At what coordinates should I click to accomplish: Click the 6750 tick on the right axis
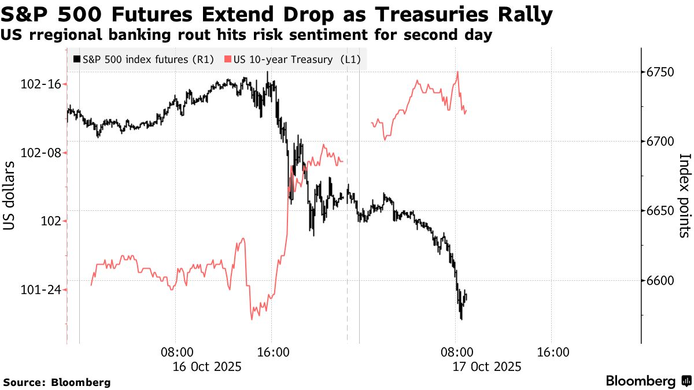(x=662, y=72)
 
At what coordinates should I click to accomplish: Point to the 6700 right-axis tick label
(x=662, y=142)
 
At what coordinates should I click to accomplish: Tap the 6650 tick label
(x=662, y=211)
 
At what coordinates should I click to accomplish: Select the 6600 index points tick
(x=662, y=281)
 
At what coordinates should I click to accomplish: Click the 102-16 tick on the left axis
(x=40, y=84)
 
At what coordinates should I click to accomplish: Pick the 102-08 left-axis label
(x=40, y=153)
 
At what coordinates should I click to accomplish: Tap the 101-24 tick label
(x=40, y=290)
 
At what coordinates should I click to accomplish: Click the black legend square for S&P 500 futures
(x=77, y=59)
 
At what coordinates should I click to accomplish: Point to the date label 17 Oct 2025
(x=488, y=366)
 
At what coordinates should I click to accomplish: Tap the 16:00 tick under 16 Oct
(x=272, y=352)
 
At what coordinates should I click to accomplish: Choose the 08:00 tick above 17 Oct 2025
(x=456, y=352)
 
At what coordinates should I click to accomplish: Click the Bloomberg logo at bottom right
(x=648, y=381)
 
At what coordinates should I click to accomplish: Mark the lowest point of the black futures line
(x=461, y=319)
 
